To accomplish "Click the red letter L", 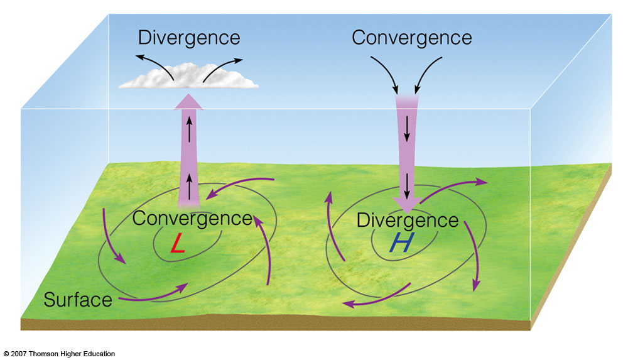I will point(178,244).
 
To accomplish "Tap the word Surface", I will point(78,300).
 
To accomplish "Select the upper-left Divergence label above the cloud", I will point(189,37).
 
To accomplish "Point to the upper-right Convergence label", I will point(411,37).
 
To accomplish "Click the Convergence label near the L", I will point(192,219).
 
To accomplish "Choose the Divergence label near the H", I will point(408,220).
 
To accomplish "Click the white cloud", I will point(188,80).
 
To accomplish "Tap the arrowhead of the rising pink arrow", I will point(188,102).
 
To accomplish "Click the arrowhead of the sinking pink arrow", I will point(407,204).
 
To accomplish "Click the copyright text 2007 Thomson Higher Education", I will point(59,354).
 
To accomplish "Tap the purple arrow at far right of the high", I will point(473,254).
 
